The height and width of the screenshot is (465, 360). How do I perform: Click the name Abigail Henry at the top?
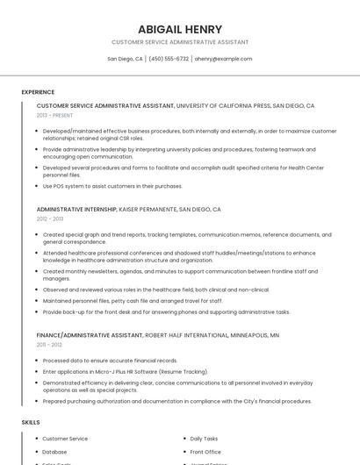[179, 29]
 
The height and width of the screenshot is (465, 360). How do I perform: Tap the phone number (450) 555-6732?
[169, 59]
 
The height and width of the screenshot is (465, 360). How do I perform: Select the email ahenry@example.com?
[223, 59]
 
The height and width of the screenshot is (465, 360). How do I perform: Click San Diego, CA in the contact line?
[125, 59]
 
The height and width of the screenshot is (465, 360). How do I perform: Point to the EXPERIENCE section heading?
[38, 92]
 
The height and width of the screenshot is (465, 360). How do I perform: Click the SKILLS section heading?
[30, 422]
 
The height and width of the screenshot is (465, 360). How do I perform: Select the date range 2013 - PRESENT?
[54, 115]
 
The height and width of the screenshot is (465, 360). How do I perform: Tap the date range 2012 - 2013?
[50, 219]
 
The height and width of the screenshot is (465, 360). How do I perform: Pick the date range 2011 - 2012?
[49, 345]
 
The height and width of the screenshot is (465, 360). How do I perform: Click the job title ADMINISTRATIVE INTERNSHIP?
[76, 210]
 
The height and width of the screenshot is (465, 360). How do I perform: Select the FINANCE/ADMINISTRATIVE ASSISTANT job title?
[90, 335]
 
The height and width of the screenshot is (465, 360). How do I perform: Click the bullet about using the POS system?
[112, 186]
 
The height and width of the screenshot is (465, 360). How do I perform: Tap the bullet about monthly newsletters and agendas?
[176, 275]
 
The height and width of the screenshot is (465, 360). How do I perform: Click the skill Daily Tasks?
[204, 439]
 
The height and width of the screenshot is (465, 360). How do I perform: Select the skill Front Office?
[205, 452]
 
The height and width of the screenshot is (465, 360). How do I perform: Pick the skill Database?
[54, 452]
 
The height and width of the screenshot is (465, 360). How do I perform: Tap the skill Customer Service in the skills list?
[65, 439]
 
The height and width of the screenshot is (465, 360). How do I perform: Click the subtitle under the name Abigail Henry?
[179, 42]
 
